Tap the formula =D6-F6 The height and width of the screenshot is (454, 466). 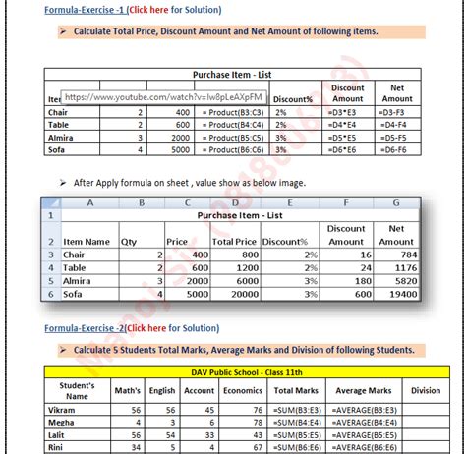(396, 150)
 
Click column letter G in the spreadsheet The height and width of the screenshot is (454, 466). (396, 203)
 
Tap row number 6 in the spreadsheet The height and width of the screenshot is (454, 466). (47, 293)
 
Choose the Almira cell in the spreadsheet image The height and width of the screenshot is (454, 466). (79, 280)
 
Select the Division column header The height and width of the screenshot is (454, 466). (425, 390)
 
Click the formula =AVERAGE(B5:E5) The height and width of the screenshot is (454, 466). (364, 434)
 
